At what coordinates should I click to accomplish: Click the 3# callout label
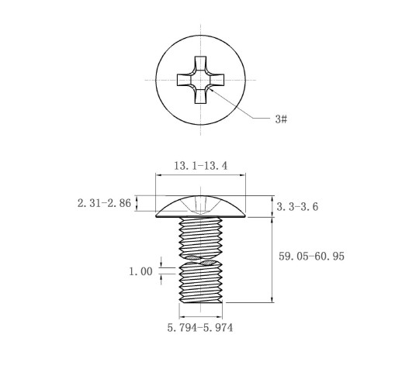[281, 119]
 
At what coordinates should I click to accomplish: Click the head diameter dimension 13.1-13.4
[200, 166]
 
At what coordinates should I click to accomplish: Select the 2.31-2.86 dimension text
[104, 203]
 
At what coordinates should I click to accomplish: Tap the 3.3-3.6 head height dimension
[297, 207]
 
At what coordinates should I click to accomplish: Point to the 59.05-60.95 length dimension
[311, 257]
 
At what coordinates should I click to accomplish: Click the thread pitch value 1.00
[140, 271]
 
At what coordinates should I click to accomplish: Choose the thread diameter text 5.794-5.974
[200, 328]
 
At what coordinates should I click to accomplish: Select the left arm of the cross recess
[184, 80]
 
